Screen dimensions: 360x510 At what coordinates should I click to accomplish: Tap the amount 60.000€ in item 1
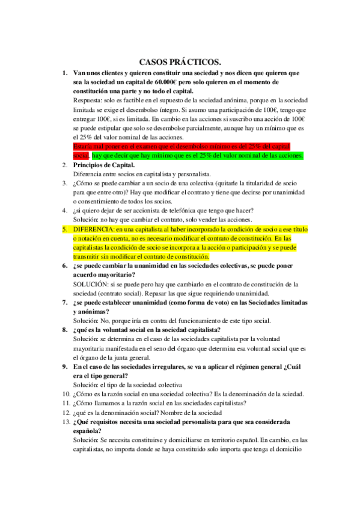click(x=171, y=82)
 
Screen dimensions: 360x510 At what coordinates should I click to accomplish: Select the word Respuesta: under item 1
click(x=89, y=100)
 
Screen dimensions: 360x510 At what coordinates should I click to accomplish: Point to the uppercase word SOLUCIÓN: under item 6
click(x=92, y=284)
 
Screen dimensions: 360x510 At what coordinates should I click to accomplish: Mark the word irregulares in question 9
click(x=174, y=366)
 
